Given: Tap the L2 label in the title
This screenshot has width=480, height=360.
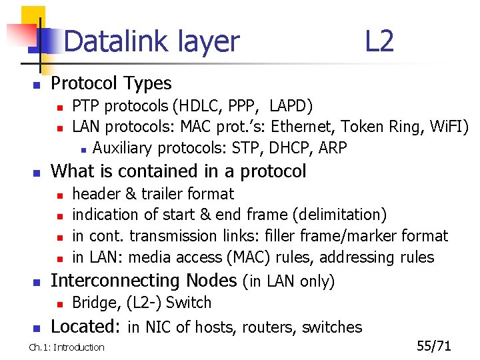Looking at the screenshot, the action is pos(379,41).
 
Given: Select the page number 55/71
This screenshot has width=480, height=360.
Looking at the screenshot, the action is pos(434,346).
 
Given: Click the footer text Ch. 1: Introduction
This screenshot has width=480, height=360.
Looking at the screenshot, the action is pos(67,347).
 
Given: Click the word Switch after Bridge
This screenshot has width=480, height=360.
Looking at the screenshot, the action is pos(189,303).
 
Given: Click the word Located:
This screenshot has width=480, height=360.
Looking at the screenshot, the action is pos(85,327).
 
